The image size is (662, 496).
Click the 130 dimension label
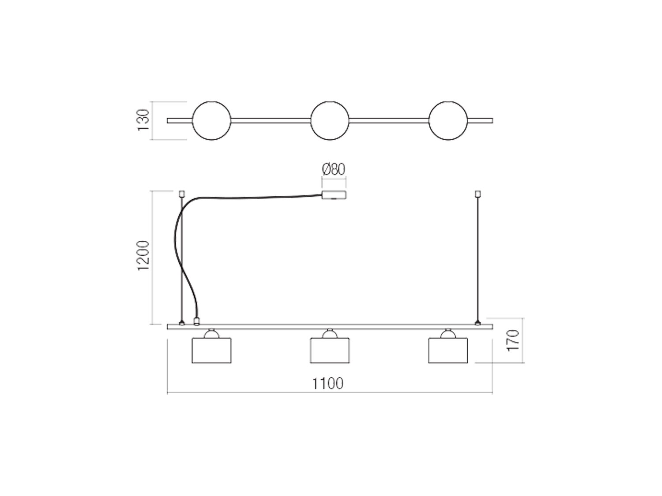(x=143, y=120)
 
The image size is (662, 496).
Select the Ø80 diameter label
(x=333, y=169)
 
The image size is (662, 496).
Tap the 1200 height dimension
(x=143, y=256)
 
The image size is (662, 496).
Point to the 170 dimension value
(x=513, y=340)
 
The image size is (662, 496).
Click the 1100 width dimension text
(x=327, y=384)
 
